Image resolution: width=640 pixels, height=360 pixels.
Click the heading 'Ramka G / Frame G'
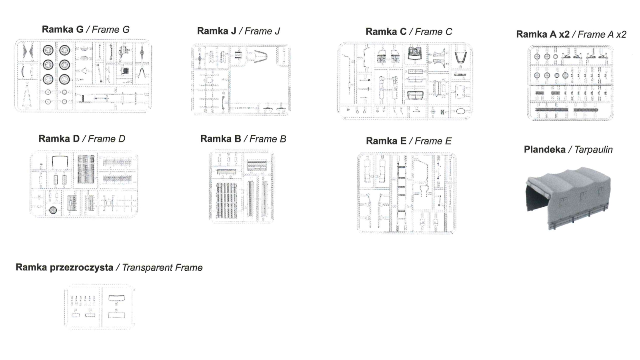86,30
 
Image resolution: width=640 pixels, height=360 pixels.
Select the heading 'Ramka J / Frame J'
238,31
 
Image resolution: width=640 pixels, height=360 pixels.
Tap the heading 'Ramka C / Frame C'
409,32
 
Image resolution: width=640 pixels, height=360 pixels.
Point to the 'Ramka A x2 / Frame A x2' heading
571,34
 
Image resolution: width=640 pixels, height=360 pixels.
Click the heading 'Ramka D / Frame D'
82,139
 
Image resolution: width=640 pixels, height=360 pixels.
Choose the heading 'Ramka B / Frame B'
243,139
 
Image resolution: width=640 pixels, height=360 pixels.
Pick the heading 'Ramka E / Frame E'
408,141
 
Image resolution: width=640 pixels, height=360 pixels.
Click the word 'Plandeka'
544,150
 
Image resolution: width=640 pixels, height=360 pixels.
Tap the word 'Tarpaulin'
594,150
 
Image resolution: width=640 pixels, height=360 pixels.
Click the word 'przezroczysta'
82,268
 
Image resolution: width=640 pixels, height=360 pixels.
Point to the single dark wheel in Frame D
53,210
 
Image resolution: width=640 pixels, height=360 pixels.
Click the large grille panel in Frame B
227,200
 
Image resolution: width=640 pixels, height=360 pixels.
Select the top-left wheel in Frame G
48,50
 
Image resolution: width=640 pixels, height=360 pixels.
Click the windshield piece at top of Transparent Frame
116,298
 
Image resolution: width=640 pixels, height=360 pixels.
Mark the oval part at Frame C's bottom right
460,111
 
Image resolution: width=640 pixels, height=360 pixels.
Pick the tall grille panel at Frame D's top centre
86,169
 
